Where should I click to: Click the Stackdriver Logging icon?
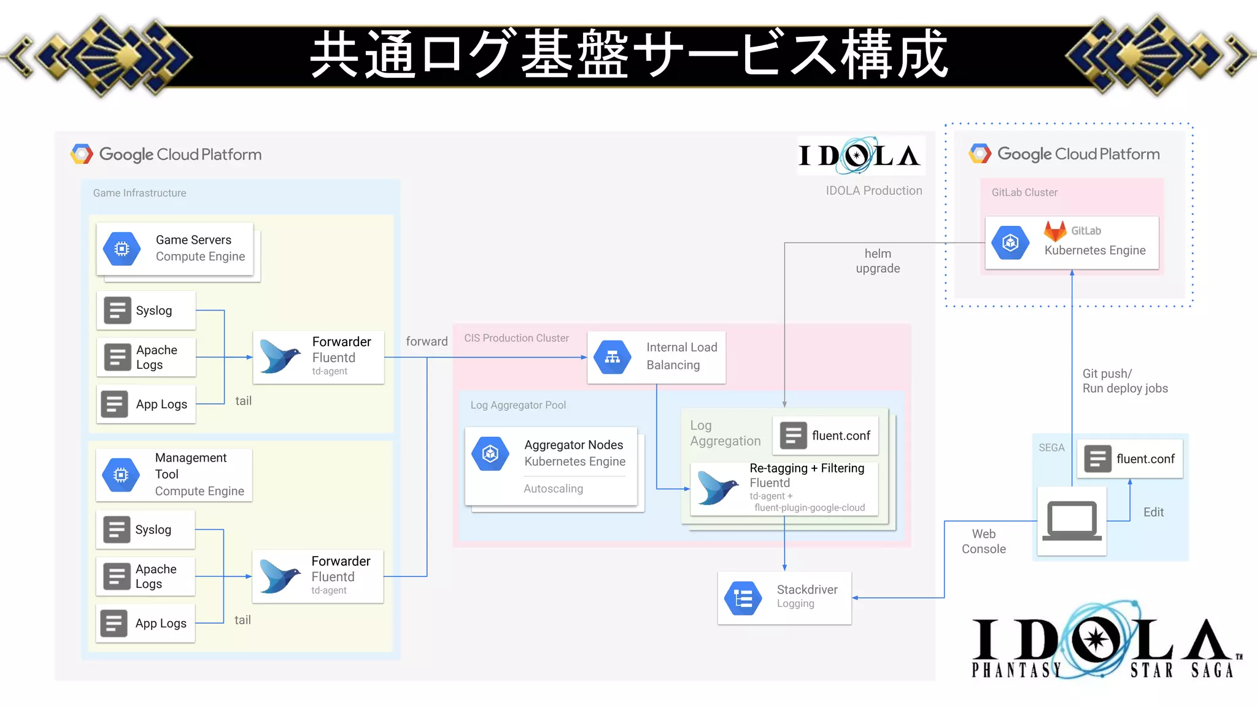click(743, 598)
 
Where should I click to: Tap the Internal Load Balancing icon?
click(612, 357)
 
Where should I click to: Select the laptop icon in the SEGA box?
click(1072, 521)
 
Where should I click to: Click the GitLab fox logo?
click(1055, 231)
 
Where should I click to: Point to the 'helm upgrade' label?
click(878, 261)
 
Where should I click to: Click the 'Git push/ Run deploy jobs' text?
click(1124, 381)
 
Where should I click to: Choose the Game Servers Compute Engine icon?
click(122, 249)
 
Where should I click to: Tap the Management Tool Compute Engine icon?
click(122, 474)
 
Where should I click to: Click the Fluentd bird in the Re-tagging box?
click(717, 488)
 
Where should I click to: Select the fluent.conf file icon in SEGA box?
click(1097, 459)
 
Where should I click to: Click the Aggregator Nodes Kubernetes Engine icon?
click(490, 454)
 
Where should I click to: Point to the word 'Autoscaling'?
click(553, 489)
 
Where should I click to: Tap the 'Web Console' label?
click(983, 541)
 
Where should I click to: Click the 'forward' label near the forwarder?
click(427, 341)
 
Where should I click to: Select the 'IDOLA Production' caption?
click(873, 191)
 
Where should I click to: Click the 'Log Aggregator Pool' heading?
click(518, 405)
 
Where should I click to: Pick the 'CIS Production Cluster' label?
click(516, 338)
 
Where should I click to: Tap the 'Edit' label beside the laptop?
click(1153, 512)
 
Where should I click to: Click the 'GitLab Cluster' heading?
click(1024, 193)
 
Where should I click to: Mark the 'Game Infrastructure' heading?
click(139, 193)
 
